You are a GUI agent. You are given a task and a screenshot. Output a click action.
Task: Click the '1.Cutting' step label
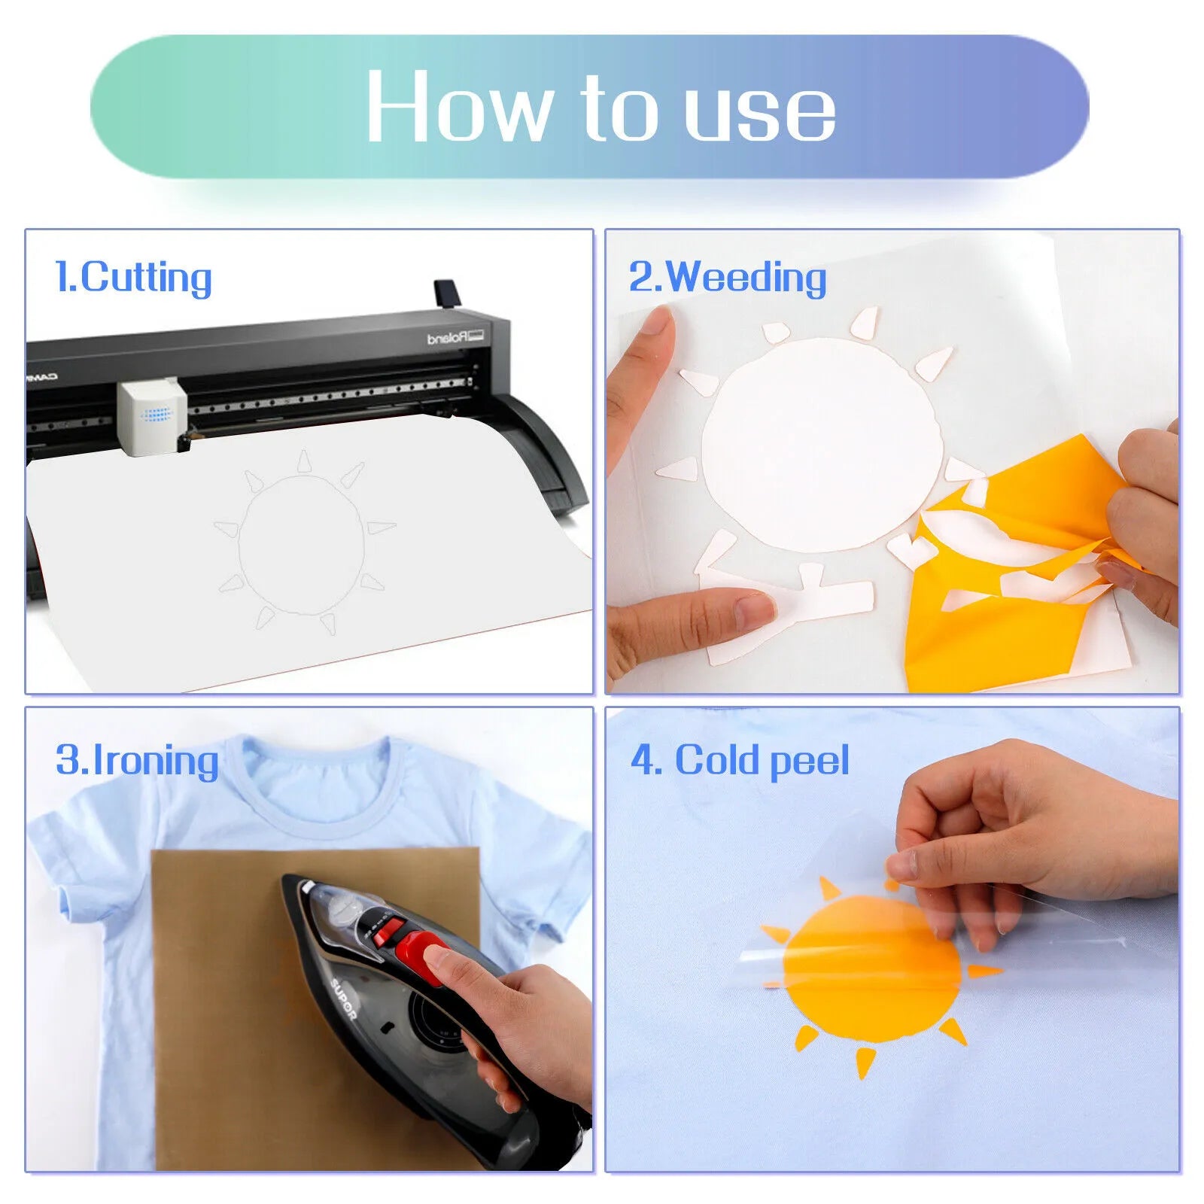pyautogui.click(x=134, y=277)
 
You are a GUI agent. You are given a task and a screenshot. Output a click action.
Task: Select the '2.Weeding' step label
pyautogui.click(x=728, y=277)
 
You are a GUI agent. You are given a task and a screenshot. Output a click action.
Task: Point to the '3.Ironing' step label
pyautogui.click(x=137, y=760)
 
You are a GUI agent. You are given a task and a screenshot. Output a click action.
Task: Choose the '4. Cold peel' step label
pyautogui.click(x=740, y=760)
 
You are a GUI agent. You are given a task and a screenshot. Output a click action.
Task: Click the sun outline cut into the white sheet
pyautogui.click(x=301, y=543)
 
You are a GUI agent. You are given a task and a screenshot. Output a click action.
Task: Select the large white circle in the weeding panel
pyautogui.click(x=820, y=444)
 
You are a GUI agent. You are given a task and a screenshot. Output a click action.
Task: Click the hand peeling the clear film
pyautogui.click(x=1031, y=835)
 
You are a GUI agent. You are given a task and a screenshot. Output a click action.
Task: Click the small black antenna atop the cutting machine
pyautogui.click(x=445, y=293)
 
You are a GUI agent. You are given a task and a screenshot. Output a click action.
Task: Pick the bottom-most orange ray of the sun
pyautogui.click(x=865, y=1063)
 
